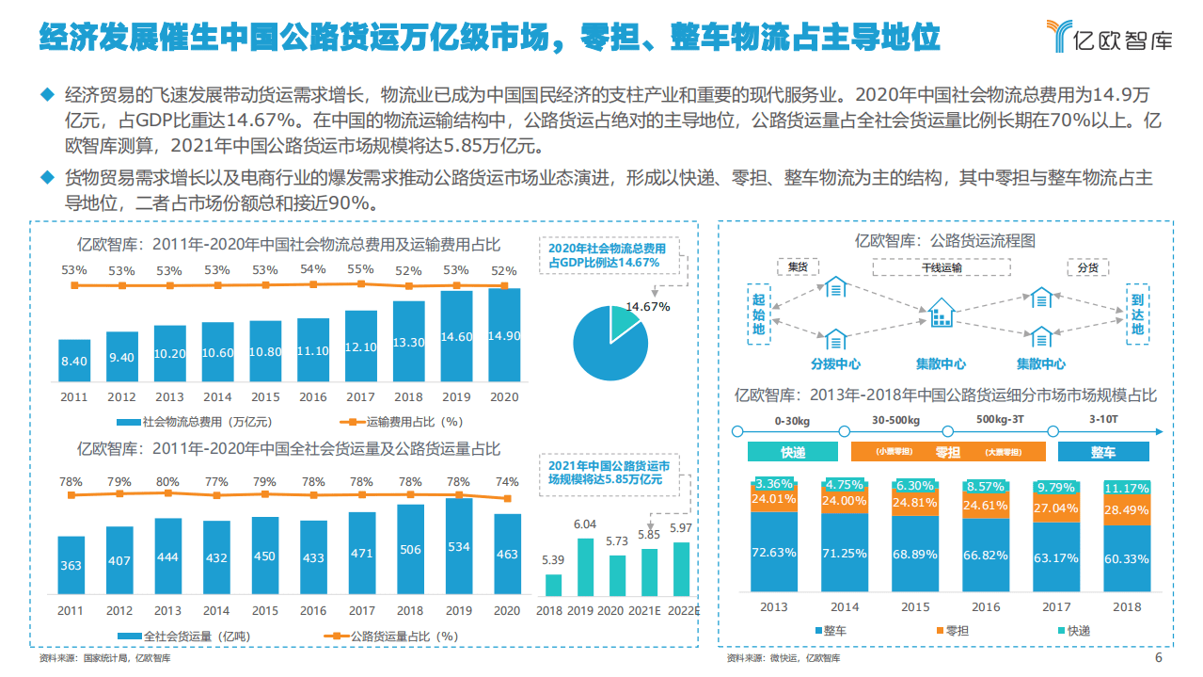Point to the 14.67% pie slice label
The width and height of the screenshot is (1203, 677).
tap(647, 307)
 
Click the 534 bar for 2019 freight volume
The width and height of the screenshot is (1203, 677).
tap(457, 547)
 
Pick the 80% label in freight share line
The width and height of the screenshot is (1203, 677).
tap(168, 481)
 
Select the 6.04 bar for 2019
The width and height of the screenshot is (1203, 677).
tap(585, 567)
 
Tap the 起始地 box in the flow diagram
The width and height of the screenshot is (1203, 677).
tap(759, 314)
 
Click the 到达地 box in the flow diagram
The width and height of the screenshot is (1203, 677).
tap(1137, 314)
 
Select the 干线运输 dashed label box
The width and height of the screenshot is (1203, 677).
tap(942, 267)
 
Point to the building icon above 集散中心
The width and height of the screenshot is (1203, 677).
tap(941, 314)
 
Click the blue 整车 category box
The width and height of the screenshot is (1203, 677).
tap(1102, 452)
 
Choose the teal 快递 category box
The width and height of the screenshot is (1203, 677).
tap(792, 452)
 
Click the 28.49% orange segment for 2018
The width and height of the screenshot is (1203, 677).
tap(1126, 509)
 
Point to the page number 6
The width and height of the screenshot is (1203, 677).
tap(1158, 658)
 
